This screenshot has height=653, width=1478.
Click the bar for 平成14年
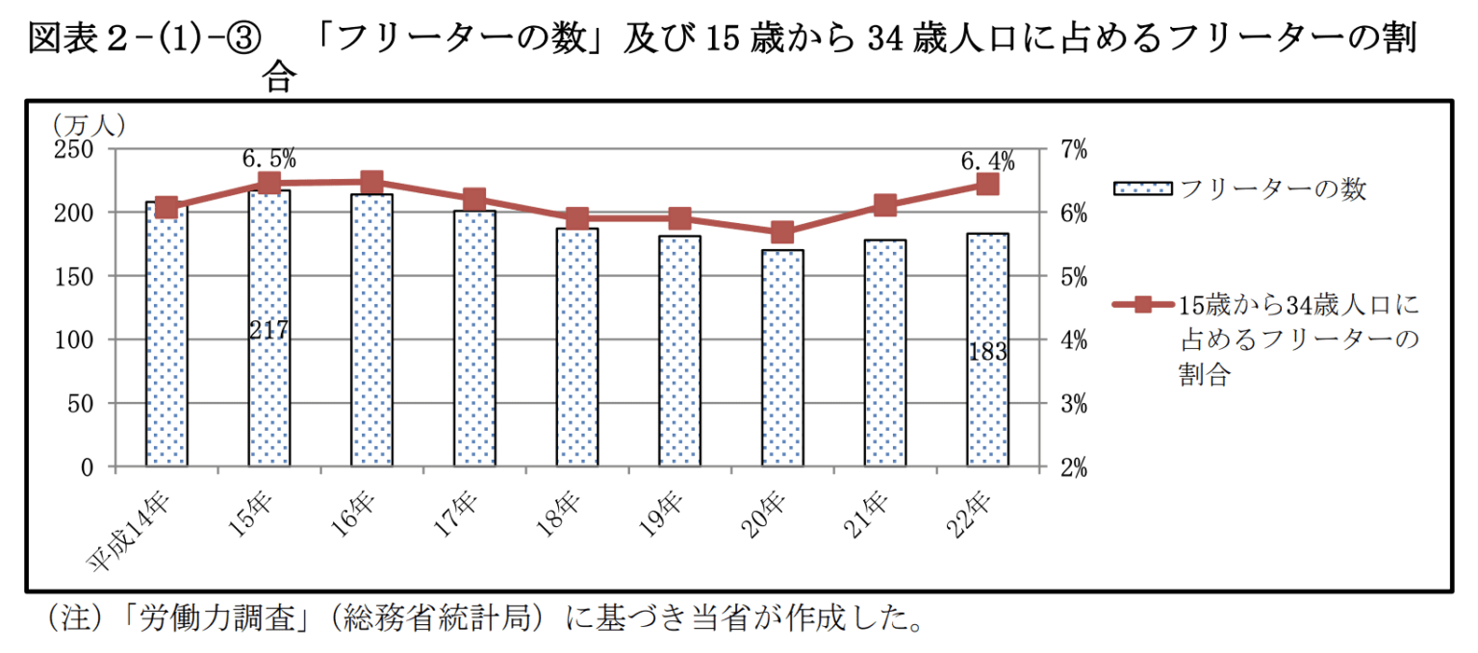click(x=166, y=337)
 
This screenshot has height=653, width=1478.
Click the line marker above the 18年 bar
click(x=577, y=219)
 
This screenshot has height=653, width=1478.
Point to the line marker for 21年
click(x=885, y=206)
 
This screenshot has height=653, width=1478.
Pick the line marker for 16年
click(x=372, y=182)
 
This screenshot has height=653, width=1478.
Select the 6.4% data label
click(x=987, y=161)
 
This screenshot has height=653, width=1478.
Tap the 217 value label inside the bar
click(x=268, y=330)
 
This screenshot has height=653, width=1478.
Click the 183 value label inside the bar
click(x=987, y=352)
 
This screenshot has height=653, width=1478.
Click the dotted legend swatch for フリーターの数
click(x=1142, y=188)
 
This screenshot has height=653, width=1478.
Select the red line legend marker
click(x=1142, y=305)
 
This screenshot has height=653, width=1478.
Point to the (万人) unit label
click(x=89, y=124)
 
